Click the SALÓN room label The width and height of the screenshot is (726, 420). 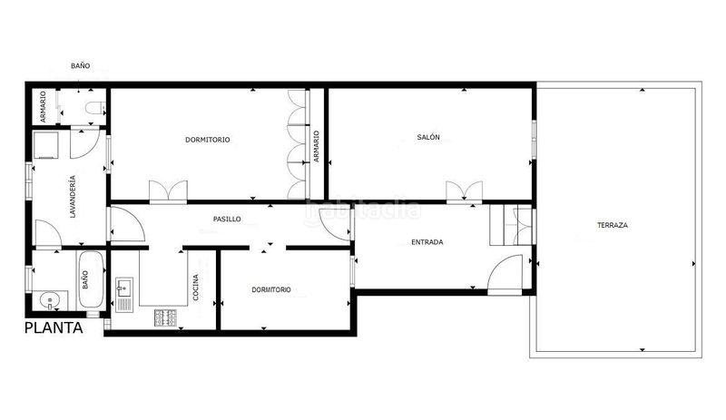click(428, 137)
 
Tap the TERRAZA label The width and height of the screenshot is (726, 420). click(612, 226)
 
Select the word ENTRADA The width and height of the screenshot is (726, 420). click(427, 241)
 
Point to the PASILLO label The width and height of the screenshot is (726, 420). click(227, 219)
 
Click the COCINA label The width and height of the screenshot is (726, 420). click(195, 287)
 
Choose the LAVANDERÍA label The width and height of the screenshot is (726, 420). click(73, 196)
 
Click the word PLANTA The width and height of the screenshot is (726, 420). click(54, 327)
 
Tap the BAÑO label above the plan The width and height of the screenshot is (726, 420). click(80, 65)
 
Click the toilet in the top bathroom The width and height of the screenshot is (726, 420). click(96, 108)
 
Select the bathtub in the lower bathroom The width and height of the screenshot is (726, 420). click(90, 279)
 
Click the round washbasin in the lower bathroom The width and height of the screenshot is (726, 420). click(50, 301)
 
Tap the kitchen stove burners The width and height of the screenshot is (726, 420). click(165, 317)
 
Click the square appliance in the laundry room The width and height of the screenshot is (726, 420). click(46, 145)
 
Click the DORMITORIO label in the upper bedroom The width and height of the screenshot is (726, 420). click(208, 140)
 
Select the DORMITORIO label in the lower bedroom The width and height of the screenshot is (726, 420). click(271, 290)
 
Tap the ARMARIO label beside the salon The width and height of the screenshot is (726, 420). click(317, 146)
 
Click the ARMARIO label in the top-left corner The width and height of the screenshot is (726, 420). click(43, 106)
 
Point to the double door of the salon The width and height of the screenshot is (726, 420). click(464, 192)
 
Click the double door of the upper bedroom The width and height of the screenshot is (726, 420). click(168, 192)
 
